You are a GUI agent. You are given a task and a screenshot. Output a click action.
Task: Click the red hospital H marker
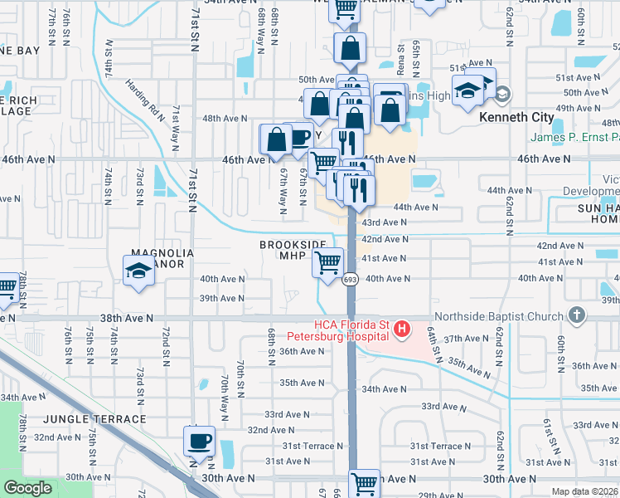point(402,330)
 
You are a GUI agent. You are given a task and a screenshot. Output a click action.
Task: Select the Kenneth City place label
point(516,117)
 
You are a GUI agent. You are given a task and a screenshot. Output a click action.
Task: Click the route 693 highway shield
point(351,280)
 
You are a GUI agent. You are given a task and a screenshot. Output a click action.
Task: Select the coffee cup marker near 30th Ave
point(199,441)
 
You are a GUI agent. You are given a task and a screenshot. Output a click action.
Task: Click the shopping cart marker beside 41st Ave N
point(328,263)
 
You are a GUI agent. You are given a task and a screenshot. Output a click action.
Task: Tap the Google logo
point(27,487)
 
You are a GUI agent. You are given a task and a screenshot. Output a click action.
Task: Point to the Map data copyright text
point(585,491)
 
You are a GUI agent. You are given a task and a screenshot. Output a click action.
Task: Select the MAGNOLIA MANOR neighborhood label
point(162,259)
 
